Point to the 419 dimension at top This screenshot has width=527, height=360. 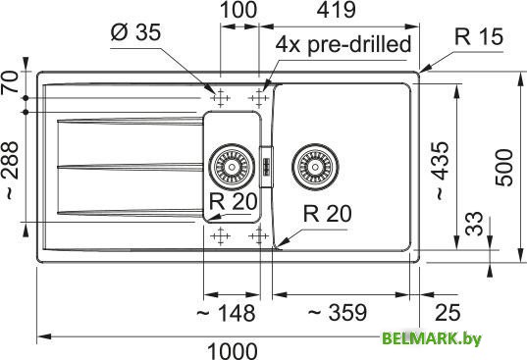click(x=336, y=12)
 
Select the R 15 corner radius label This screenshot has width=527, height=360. click(x=478, y=38)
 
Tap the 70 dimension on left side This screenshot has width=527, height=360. click(x=12, y=83)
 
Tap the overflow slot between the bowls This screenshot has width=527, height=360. click(x=266, y=165)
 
